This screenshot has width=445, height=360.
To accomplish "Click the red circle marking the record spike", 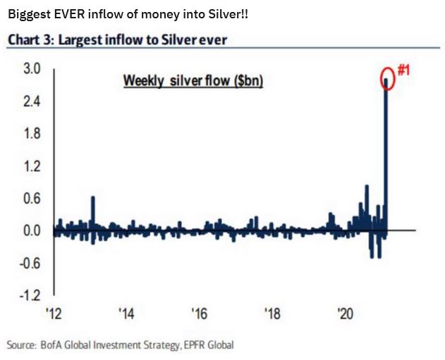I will click(388, 78).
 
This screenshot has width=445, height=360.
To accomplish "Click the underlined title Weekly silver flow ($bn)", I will click(193, 80).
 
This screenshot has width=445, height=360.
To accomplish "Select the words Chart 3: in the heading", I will click(32, 39).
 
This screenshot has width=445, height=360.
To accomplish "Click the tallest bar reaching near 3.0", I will click(386, 155).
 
